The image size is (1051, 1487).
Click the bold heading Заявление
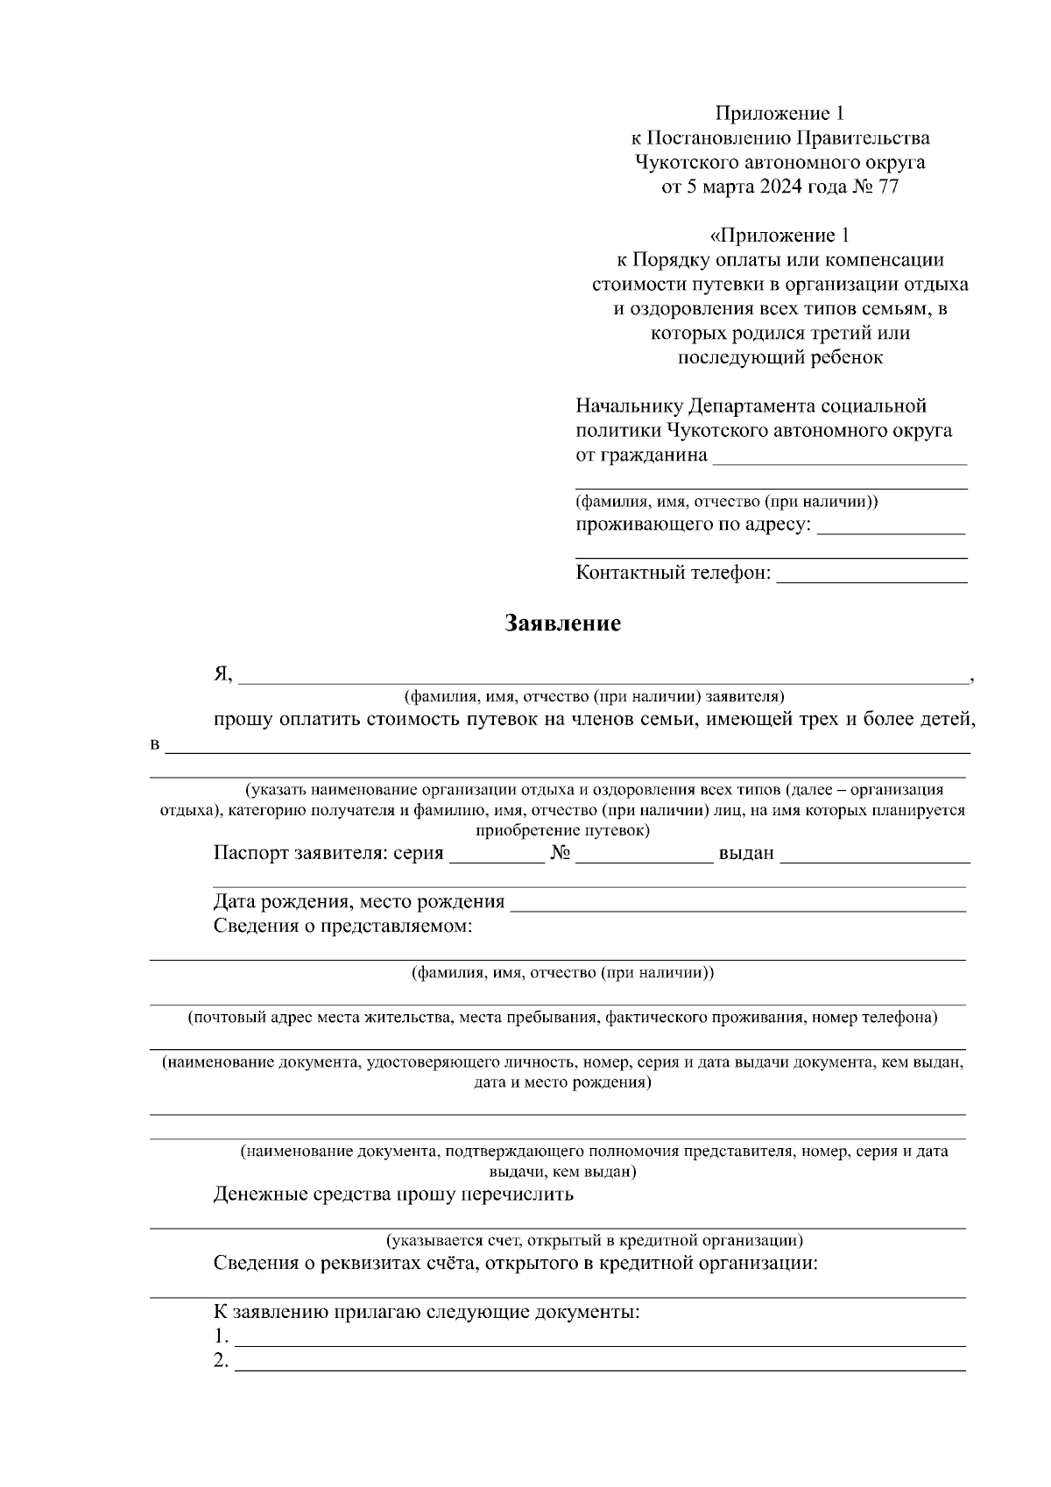(562, 624)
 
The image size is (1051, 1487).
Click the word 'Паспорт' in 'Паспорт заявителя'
(246, 853)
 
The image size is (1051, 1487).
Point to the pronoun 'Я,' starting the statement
(222, 673)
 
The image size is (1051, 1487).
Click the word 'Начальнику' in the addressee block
(630, 406)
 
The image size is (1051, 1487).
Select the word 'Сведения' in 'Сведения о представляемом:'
(256, 926)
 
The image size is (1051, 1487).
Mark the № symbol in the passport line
(561, 853)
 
